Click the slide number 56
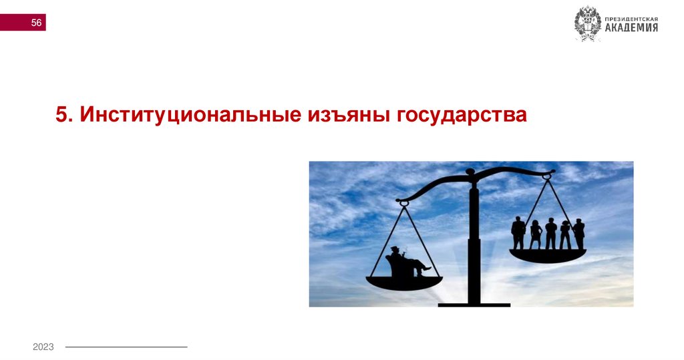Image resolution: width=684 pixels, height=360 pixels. (x=36, y=23)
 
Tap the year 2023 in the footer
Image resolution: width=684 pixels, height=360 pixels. (x=43, y=347)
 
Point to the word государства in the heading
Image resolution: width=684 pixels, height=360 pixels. (x=462, y=114)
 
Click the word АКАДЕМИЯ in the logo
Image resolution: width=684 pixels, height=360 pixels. (x=631, y=27)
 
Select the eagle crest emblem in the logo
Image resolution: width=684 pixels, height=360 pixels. (x=588, y=24)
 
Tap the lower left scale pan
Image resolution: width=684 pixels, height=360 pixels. (x=404, y=282)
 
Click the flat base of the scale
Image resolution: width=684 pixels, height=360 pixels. (x=474, y=305)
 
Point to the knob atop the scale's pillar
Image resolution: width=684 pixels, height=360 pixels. (x=470, y=172)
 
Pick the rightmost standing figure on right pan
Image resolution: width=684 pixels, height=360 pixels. (x=578, y=234)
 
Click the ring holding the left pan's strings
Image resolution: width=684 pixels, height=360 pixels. (x=403, y=202)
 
